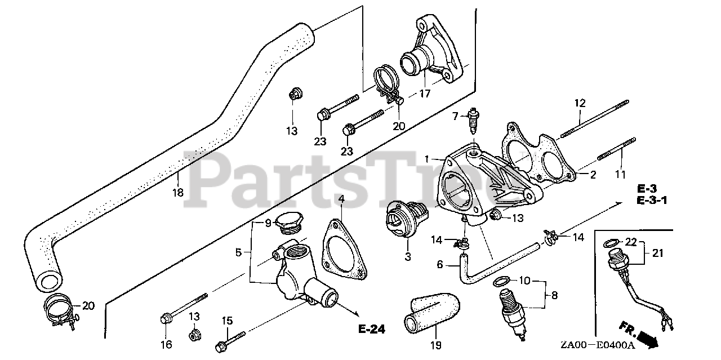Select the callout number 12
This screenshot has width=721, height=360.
[x=580, y=104]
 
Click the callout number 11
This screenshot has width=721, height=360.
[x=620, y=175]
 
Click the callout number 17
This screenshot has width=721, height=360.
[x=424, y=94]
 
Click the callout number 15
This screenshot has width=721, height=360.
[x=226, y=321]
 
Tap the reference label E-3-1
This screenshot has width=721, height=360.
[x=652, y=199]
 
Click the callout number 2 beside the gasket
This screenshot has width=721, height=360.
[x=593, y=175]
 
